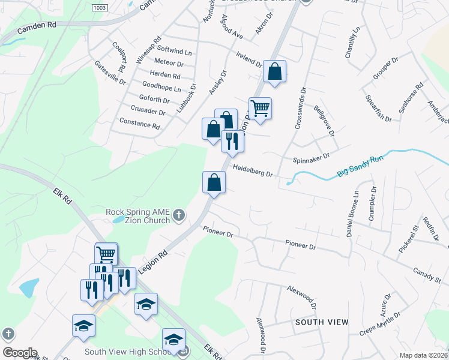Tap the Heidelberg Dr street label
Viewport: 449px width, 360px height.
(x=253, y=172)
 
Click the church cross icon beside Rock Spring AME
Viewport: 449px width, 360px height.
(x=179, y=215)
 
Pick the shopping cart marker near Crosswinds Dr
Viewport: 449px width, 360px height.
(x=260, y=109)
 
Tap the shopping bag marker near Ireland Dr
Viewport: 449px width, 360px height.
(x=274, y=72)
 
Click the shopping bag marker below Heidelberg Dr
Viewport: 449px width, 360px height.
(x=214, y=182)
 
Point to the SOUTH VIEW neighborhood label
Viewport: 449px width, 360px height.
(x=322, y=322)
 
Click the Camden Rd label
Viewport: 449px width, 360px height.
(x=36, y=28)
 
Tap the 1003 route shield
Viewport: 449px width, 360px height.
(x=100, y=7)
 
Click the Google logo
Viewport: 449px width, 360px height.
(x=20, y=353)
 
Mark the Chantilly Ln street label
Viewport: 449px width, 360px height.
(x=352, y=42)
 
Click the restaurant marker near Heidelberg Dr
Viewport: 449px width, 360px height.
(x=232, y=142)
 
